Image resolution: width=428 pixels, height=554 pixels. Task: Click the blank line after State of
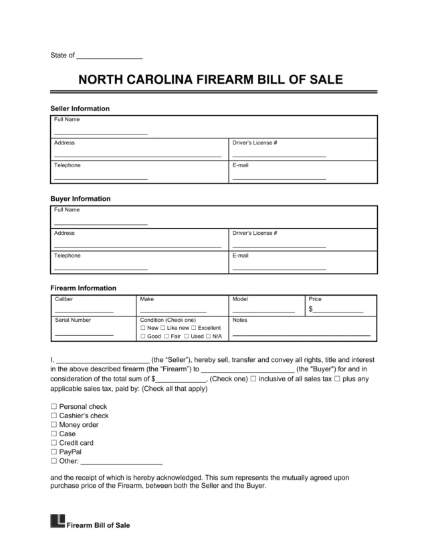110,56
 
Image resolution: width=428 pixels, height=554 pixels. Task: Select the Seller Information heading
80,108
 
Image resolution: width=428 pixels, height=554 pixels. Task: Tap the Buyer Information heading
80,199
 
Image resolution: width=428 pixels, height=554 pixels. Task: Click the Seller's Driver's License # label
254,143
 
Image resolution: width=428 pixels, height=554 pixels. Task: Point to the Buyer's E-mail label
240,256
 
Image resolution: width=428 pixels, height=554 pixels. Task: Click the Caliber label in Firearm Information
64,299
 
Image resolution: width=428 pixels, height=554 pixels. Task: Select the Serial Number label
72,320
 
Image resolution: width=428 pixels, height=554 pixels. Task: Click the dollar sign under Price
311,310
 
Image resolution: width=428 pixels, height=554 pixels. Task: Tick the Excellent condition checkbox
194,329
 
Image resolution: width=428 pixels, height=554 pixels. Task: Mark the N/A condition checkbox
208,337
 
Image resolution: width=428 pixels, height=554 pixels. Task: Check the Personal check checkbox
54,407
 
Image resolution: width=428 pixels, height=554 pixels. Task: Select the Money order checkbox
54,425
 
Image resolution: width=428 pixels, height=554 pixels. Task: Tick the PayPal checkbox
54,452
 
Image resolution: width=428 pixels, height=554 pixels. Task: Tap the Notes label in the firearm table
239,320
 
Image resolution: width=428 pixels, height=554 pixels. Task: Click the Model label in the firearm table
239,299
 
